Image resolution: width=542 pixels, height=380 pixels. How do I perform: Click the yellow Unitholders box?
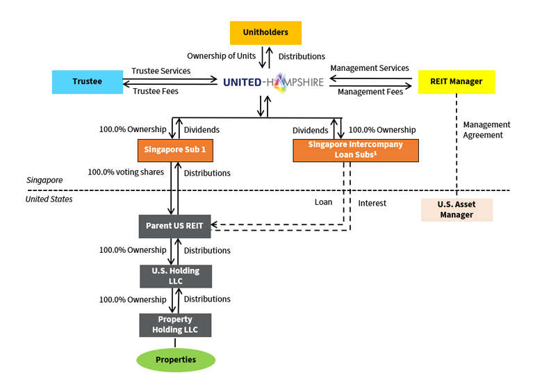point(265,33)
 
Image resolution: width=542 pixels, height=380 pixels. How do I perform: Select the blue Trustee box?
point(87,82)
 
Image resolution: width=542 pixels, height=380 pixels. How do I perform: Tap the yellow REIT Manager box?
point(456,82)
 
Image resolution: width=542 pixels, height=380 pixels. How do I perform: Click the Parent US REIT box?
point(174,226)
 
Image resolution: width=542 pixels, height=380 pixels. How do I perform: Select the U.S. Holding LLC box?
point(176,276)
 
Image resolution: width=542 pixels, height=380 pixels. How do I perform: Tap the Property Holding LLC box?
point(175,324)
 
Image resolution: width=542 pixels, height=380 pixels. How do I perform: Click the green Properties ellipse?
point(175,360)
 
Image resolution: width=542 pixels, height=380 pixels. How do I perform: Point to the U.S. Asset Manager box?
point(457,210)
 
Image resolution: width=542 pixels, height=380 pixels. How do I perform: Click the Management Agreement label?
point(486,130)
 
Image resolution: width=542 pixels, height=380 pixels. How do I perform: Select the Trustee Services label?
point(161,71)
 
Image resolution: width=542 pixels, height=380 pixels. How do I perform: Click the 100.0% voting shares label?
point(126,172)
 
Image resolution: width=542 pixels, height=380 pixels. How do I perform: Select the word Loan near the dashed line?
point(323,202)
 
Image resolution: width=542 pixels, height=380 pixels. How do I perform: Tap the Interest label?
point(372,203)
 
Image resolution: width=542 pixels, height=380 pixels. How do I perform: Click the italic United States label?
point(49,199)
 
